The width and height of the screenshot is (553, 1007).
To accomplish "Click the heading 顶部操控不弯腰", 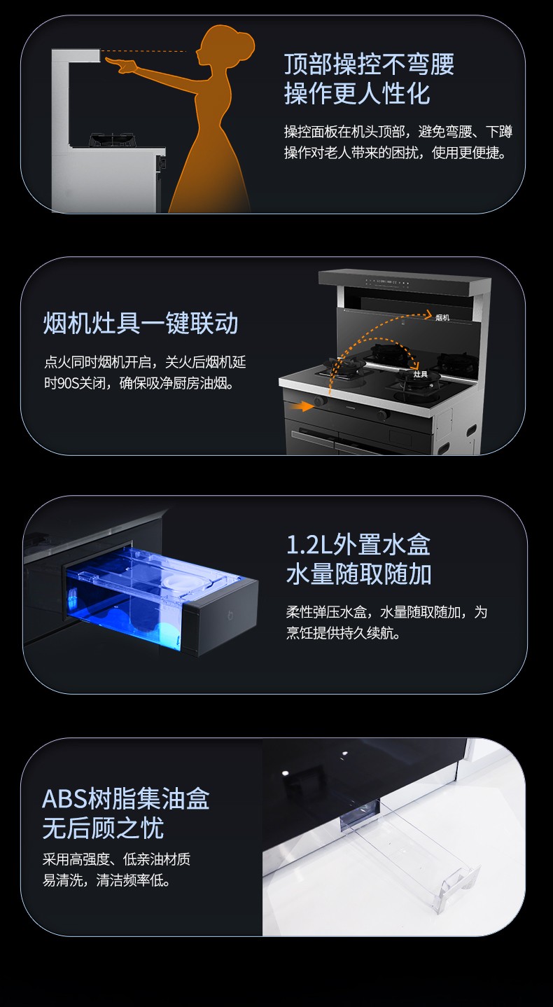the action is (370, 64).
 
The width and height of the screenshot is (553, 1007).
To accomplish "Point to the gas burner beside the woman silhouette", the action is (112, 139).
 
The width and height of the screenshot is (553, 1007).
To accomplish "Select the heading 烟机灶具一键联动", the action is (141, 324).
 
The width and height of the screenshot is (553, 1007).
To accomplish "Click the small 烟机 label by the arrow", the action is (442, 317).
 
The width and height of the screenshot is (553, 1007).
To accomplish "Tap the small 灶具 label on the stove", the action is (421, 374).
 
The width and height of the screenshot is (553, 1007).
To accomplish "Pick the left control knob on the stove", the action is (320, 401).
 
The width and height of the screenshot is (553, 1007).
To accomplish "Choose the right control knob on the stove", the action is (382, 415).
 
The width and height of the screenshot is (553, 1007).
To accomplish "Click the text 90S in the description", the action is (68, 384).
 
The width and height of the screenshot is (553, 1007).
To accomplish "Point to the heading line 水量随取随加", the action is (359, 574).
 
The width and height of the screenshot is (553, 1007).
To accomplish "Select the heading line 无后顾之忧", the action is (104, 828).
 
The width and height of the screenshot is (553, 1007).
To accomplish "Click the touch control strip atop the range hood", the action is (387, 283).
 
